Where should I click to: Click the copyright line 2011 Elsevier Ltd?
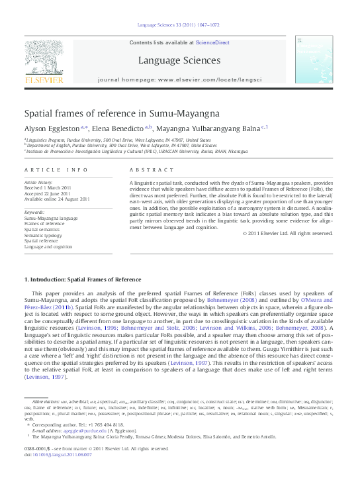(287, 233)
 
